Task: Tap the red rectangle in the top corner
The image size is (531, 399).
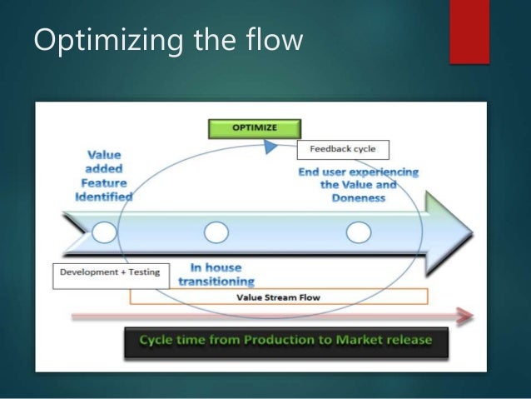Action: (x=469, y=29)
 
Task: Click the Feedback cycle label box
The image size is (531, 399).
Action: (x=342, y=150)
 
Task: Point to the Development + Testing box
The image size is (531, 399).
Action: (x=111, y=272)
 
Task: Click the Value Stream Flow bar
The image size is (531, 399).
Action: (x=278, y=297)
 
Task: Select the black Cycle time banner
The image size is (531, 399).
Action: (x=286, y=342)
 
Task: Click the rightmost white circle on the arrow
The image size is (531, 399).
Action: (x=358, y=232)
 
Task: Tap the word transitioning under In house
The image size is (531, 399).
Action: (x=216, y=282)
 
